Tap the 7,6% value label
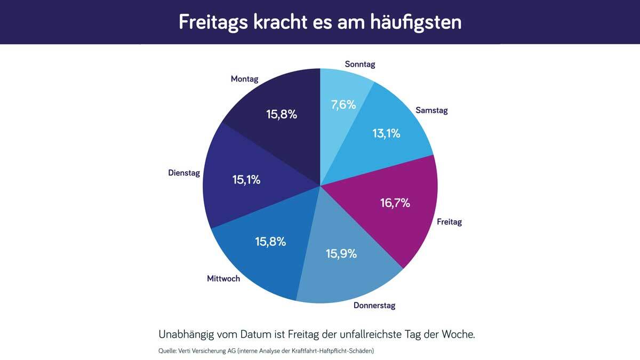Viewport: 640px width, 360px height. [343, 105]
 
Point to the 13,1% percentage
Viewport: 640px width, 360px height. [386, 133]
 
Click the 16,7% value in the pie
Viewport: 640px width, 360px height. [395, 203]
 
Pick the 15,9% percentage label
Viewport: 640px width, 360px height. [341, 253]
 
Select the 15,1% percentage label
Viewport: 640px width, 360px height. [246, 180]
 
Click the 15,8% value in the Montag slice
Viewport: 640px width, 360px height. [281, 114]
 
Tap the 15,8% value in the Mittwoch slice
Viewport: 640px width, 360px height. [270, 241]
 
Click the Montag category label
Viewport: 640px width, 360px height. [244, 79]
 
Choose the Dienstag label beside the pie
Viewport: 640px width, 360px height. [183, 173]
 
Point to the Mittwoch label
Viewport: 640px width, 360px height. [223, 278]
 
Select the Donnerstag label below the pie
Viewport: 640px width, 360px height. [374, 306]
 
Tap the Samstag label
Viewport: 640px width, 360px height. [431, 111]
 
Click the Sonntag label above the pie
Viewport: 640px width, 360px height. [360, 64]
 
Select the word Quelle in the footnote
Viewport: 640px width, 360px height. [169, 351]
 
